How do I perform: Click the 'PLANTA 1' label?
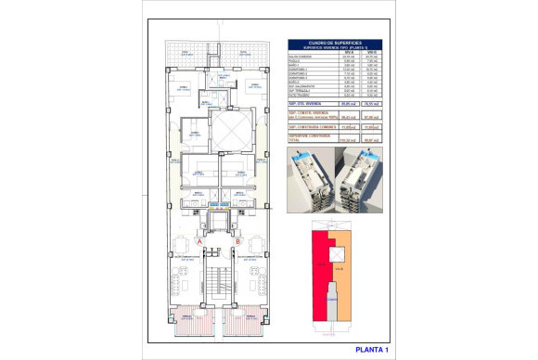[373, 349]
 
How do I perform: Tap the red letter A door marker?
[199, 242]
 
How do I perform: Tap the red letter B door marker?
[238, 242]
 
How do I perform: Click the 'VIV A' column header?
[347, 52]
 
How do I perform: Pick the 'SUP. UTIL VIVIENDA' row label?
[310, 105]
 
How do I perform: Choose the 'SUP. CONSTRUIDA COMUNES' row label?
[312, 127]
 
